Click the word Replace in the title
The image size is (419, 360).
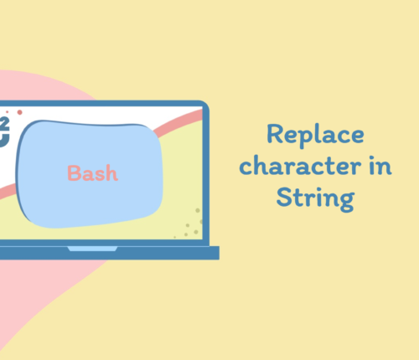pyautogui.click(x=315, y=136)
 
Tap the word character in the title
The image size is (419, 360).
pyautogui.click(x=300, y=166)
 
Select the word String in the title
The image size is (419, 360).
pyautogui.click(x=315, y=199)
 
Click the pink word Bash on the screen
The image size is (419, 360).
pyautogui.click(x=92, y=173)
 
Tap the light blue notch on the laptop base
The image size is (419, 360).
pyautogui.click(x=92, y=249)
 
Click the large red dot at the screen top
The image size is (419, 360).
pyautogui.click(x=19, y=112)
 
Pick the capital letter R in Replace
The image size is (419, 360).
pyautogui.click(x=275, y=134)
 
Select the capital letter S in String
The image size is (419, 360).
pyautogui.click(x=284, y=197)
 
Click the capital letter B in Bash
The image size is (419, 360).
pyautogui.click(x=74, y=173)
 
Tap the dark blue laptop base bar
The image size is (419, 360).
pyautogui.click(x=110, y=253)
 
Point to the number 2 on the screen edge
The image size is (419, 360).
pyautogui.click(x=5, y=124)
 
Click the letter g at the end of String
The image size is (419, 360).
pyautogui.click(x=347, y=201)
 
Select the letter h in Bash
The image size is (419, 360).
pyautogui.click(x=111, y=173)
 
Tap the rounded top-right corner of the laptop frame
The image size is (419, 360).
pyautogui.click(x=205, y=105)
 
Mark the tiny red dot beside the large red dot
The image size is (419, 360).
pyautogui.click(x=8, y=112)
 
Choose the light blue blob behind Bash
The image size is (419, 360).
pyautogui.click(x=90, y=174)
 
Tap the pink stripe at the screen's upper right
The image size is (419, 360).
pyautogui.click(x=178, y=122)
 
